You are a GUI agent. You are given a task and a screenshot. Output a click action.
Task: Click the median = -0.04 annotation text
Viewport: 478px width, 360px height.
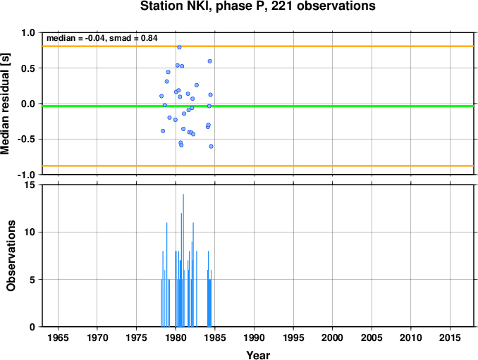point(75,38)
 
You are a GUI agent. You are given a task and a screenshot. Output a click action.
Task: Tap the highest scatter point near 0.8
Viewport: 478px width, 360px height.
point(179,47)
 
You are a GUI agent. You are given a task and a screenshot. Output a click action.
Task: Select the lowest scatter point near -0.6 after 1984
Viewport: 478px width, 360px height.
point(211,147)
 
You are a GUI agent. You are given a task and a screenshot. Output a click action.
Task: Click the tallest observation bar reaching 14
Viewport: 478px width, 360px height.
point(183,261)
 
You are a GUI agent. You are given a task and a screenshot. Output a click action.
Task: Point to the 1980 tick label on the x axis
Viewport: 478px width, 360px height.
point(176,337)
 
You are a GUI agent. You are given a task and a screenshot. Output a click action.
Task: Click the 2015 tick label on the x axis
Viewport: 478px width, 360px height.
point(450,337)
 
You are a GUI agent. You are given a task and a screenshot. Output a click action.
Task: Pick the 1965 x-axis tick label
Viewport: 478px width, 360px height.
point(58,337)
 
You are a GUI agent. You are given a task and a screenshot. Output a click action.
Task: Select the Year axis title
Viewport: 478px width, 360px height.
point(258,355)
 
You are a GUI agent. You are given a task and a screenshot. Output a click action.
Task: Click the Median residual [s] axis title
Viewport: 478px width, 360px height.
point(5,104)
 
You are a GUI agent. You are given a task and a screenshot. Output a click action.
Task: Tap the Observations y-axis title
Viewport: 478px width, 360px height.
point(11,256)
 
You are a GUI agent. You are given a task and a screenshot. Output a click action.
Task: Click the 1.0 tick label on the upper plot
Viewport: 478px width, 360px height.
point(28,32)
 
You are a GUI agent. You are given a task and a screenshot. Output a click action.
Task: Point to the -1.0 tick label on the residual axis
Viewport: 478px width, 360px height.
point(27,175)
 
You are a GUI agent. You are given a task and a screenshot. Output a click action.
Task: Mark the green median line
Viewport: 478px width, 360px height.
point(258,106)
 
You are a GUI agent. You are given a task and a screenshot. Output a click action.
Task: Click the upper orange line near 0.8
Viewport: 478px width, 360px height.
point(258,46)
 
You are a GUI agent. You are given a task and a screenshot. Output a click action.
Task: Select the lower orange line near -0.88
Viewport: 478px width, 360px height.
point(258,166)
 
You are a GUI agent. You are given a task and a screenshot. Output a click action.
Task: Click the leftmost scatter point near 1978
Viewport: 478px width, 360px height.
point(161,96)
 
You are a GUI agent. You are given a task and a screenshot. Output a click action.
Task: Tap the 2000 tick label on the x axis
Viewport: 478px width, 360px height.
point(332,337)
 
